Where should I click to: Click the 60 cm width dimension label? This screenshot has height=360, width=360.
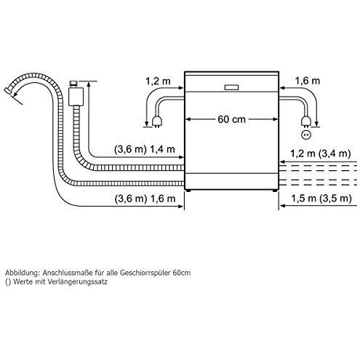point(231,119)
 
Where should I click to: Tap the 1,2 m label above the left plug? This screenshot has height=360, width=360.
point(158,81)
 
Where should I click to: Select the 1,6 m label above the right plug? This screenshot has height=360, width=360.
point(308,81)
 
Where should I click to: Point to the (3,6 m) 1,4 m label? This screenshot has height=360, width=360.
point(145,149)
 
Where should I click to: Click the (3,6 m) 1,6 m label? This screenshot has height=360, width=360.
point(145,199)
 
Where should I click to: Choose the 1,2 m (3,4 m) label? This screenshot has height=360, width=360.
point(321,153)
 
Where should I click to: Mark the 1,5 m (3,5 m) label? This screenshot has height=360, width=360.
point(321,199)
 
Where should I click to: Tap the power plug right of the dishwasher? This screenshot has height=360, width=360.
point(305,122)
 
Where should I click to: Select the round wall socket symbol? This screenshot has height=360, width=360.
point(305,135)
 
